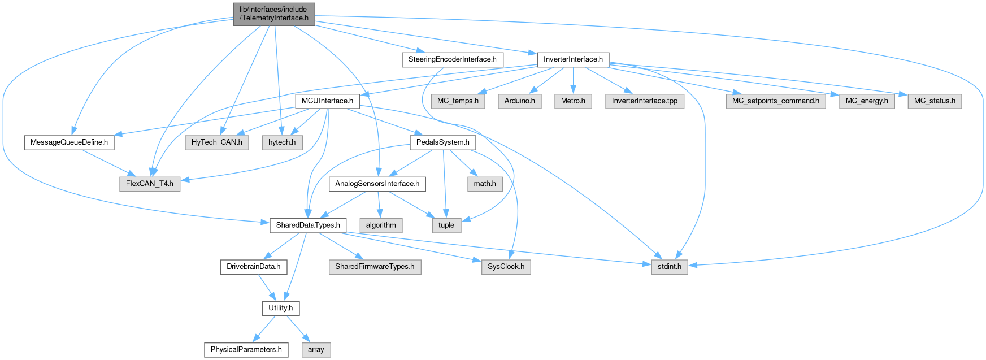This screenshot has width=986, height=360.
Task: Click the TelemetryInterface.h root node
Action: (273, 14)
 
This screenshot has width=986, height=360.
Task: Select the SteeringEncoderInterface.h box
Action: (452, 59)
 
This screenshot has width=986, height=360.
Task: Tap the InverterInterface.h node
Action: (573, 59)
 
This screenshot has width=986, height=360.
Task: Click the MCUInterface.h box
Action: (327, 101)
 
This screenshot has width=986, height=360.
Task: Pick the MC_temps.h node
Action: (458, 101)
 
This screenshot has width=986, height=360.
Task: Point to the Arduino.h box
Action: (520, 101)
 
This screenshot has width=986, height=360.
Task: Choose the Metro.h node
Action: (573, 101)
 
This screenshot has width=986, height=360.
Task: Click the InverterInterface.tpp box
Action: (644, 101)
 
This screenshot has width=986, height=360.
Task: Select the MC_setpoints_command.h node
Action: (775, 101)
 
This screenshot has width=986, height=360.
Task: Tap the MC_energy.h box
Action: (867, 101)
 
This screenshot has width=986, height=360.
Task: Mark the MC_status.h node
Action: (935, 101)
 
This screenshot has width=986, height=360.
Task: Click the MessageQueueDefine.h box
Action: (69, 142)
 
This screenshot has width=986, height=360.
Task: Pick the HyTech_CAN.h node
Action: (216, 142)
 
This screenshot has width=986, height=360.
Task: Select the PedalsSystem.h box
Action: (442, 142)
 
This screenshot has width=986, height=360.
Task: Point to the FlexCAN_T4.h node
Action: (150, 184)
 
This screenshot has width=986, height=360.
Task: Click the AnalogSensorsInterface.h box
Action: (377, 184)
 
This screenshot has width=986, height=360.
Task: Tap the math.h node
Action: (485, 184)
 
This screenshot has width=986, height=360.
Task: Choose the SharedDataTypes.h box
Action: (308, 225)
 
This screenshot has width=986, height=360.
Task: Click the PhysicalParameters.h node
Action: (246, 350)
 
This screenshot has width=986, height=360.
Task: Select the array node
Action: (316, 350)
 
